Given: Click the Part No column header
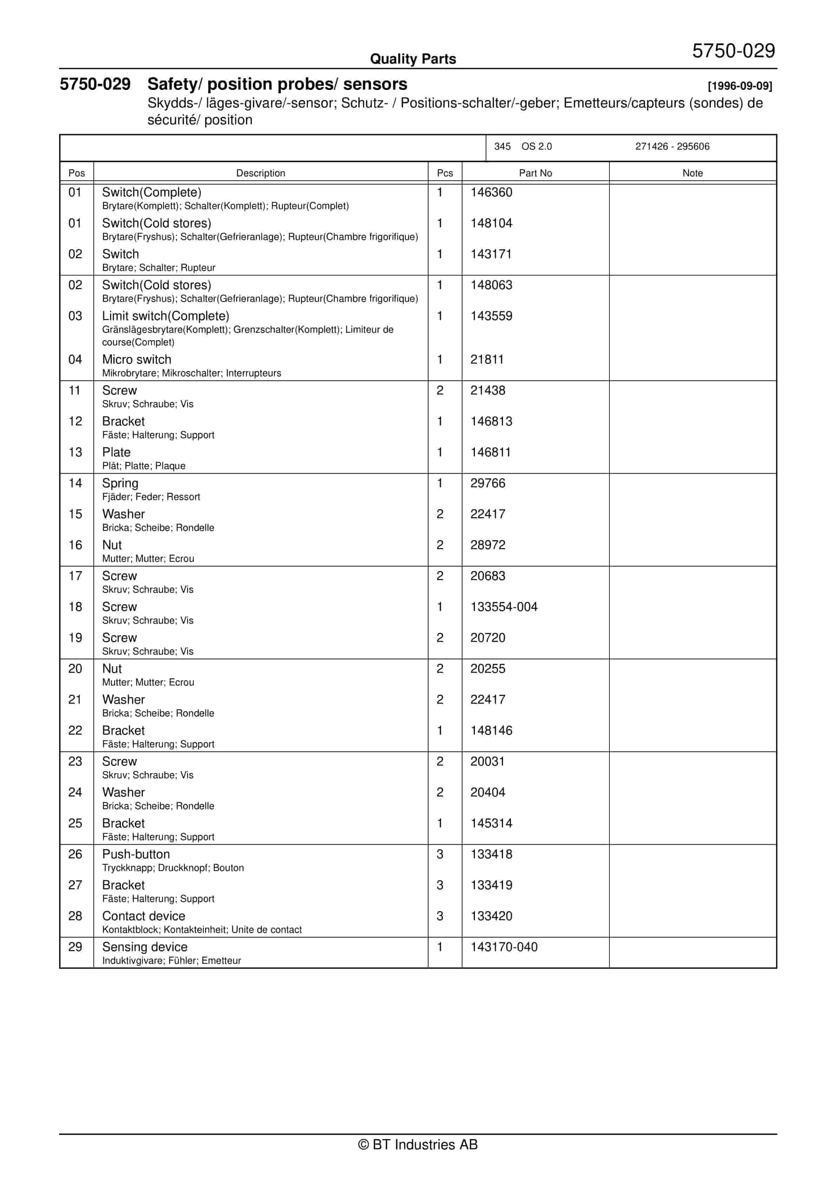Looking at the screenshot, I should [x=535, y=173].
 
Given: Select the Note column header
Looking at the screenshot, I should [x=692, y=173].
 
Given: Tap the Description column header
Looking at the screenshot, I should [x=261, y=173].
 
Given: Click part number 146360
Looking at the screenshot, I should [x=491, y=193].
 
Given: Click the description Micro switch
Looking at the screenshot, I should [x=136, y=359].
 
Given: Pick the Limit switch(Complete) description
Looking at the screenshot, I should [x=165, y=316].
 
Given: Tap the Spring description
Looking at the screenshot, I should [x=120, y=483].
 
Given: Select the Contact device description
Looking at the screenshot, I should [x=144, y=916].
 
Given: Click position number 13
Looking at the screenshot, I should [x=75, y=453].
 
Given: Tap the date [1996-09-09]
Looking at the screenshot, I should [x=740, y=86].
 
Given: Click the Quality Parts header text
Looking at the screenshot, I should [x=413, y=59].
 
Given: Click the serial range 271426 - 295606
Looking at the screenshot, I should [x=672, y=147].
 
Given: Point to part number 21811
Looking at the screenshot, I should [x=486, y=359].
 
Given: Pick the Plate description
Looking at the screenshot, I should [x=116, y=453].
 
